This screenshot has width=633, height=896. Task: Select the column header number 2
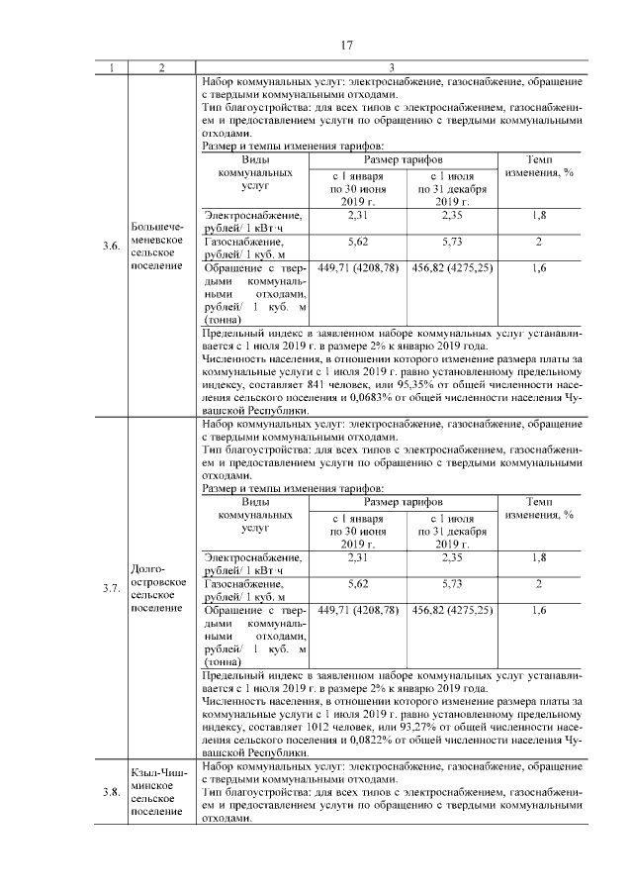pos(161,67)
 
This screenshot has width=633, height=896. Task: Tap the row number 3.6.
pos(111,246)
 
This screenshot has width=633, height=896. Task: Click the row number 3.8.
pos(111,791)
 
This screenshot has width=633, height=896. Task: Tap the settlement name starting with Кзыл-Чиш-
pos(156,790)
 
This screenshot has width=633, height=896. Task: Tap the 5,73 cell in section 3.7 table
pos(451,584)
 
